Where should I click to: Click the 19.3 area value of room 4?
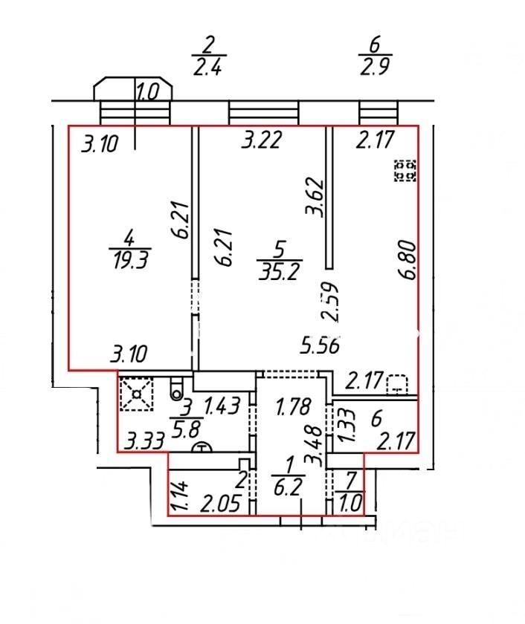point(129,262)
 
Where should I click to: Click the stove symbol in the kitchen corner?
point(406,171)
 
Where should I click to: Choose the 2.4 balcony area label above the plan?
point(209,68)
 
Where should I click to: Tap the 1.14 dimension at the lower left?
point(176,496)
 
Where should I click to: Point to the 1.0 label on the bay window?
point(148,93)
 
